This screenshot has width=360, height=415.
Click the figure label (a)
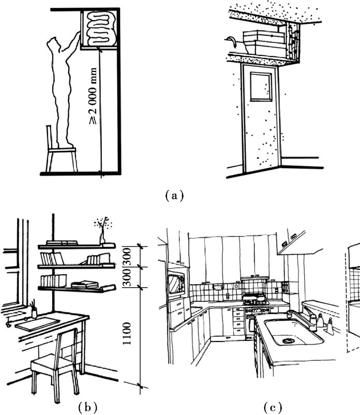173,196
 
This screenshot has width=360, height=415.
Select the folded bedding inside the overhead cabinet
100,29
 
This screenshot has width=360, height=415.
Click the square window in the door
261,86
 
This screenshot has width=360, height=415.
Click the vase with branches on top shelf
103,231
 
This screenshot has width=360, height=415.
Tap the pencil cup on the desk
34,312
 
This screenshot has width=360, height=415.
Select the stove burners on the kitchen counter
255,299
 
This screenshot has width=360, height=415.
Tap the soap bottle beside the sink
329,326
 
